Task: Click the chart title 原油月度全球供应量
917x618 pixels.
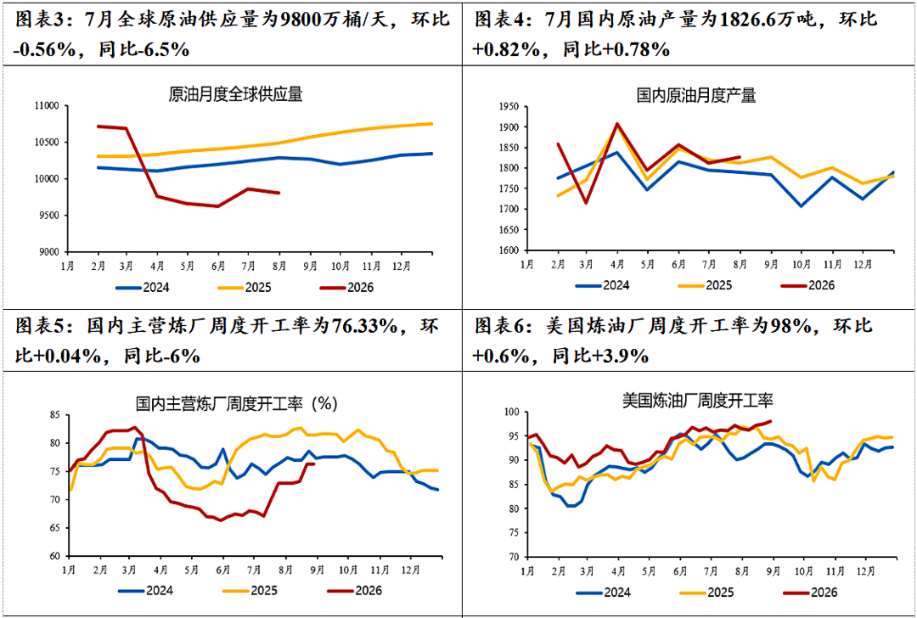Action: (x=236, y=95)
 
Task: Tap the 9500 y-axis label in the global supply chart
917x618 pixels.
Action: (x=50, y=215)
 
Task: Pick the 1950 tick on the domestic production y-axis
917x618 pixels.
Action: (x=509, y=106)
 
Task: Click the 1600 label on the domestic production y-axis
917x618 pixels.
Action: (x=509, y=250)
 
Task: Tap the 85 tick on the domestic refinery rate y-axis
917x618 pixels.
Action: (x=55, y=416)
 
